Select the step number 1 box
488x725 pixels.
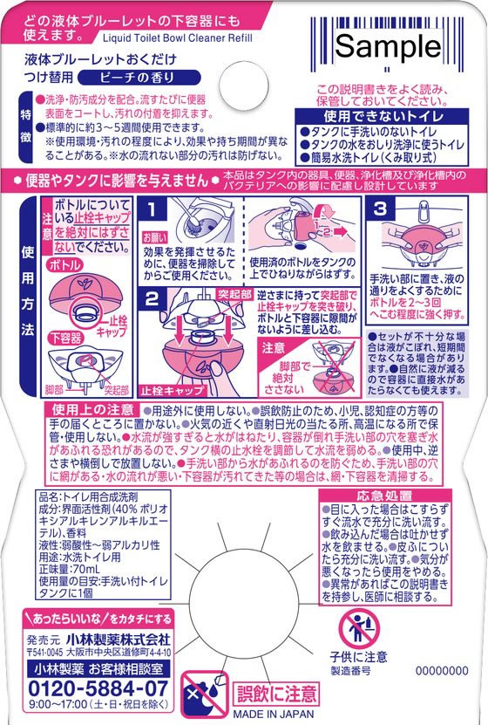click(x=153, y=210)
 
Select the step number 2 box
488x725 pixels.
click(x=153, y=300)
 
